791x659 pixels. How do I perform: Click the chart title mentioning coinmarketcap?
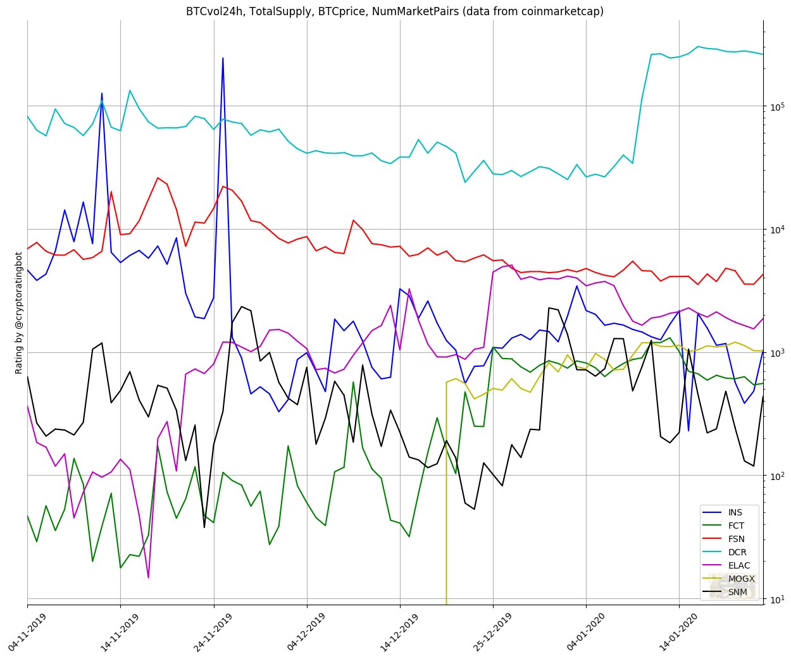pos(395,11)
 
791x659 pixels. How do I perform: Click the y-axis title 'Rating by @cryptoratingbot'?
pos(18,312)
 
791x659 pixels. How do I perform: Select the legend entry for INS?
pos(735,512)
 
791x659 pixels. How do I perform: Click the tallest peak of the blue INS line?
pos(223,58)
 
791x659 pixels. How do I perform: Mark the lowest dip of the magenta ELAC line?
pos(149,577)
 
